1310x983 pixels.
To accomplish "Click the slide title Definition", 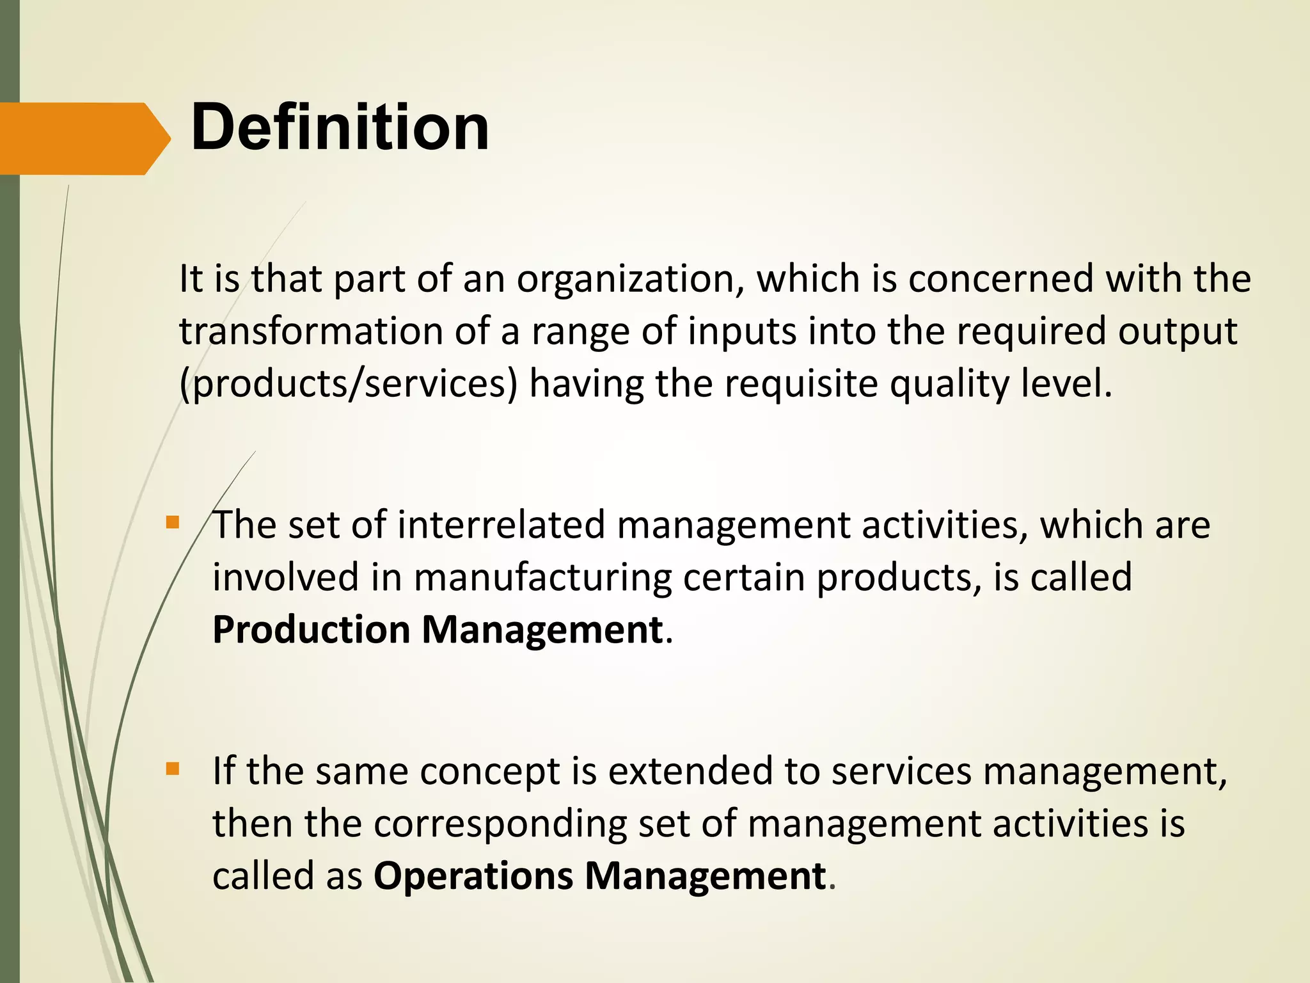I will click(340, 128).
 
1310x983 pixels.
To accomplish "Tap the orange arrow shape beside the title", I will click(83, 138).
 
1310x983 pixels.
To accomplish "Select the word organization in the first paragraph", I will click(630, 280).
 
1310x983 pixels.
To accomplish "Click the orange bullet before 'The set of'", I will click(172, 523).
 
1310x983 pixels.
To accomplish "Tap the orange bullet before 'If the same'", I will click(172, 769).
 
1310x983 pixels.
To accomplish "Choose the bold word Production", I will click(312, 630).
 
